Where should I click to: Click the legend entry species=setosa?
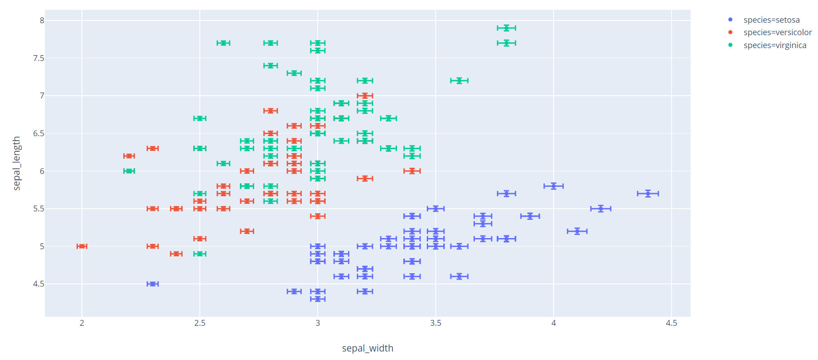click(x=771, y=20)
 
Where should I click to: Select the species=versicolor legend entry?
click(x=777, y=32)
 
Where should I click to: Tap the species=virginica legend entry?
click(x=774, y=45)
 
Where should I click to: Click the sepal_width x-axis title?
click(x=368, y=348)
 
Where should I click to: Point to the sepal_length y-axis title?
click(x=16, y=163)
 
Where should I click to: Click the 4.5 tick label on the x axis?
click(x=671, y=323)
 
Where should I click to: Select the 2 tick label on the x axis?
click(x=82, y=323)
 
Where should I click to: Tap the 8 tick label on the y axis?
click(x=42, y=20)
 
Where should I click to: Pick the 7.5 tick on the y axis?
click(x=39, y=58)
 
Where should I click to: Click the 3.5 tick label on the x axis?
click(x=436, y=323)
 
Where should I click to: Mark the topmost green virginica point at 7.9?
click(x=506, y=28)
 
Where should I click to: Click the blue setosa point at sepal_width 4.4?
click(x=648, y=194)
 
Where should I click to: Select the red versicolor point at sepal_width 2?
click(x=82, y=246)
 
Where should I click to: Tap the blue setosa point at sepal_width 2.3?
click(x=153, y=284)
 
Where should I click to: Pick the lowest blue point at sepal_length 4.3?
click(x=318, y=299)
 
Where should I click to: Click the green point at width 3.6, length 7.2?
click(x=459, y=81)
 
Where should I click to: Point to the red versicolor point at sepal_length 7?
click(x=365, y=96)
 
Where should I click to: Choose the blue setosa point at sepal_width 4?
click(x=553, y=186)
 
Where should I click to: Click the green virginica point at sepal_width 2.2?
click(x=129, y=171)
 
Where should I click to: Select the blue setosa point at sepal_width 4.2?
click(x=600, y=209)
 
